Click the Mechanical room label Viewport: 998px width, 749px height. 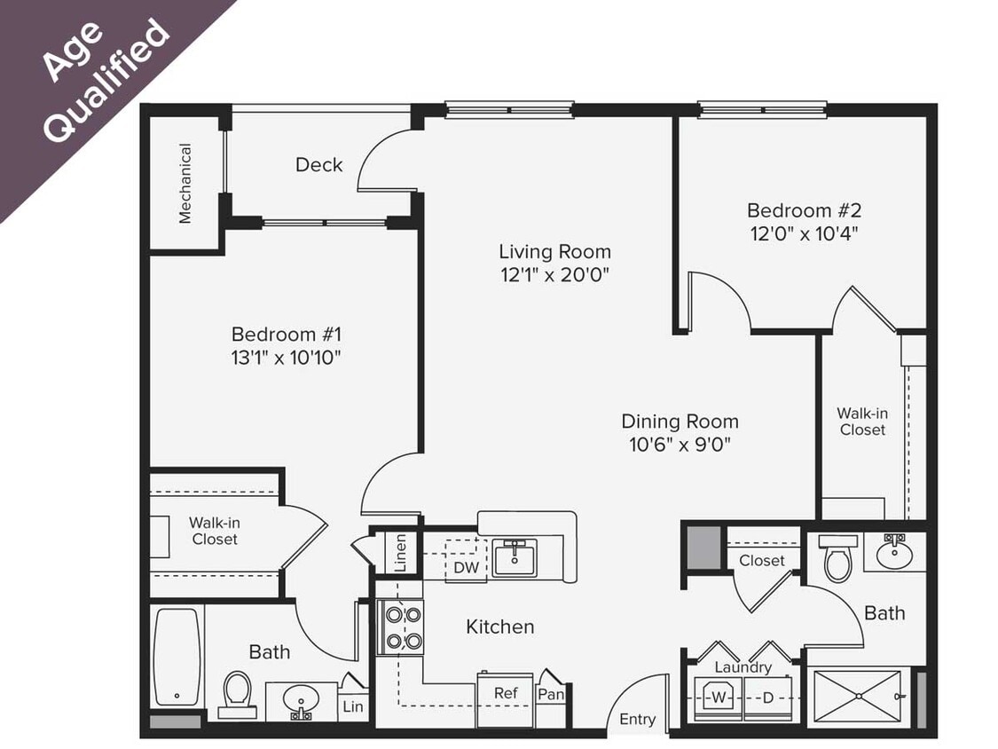tap(185, 184)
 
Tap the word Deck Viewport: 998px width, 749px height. tap(318, 164)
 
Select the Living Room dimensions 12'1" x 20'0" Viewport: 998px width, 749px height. tap(554, 274)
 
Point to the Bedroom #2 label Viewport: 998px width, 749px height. tap(804, 210)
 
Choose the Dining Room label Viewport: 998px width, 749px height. tap(679, 421)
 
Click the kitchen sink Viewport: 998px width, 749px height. tap(515, 557)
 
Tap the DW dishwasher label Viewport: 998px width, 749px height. tap(466, 567)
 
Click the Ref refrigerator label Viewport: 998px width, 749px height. tap(506, 694)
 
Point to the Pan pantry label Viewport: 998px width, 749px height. tap(551, 694)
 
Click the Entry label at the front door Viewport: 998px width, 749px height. tap(636, 719)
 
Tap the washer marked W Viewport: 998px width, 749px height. tap(717, 698)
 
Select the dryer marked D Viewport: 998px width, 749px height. tap(767, 698)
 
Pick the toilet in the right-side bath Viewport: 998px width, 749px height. tap(837, 560)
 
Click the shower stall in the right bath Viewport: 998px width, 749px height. tap(857, 697)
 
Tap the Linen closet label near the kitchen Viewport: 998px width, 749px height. tap(401, 552)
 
